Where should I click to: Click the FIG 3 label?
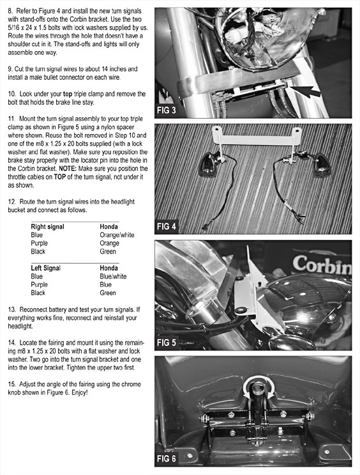point(166,110)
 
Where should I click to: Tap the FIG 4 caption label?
point(166,226)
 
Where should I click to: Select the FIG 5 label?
point(166,343)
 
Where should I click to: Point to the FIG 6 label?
point(166,458)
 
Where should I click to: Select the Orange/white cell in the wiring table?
point(117,235)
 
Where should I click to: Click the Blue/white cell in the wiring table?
point(113,276)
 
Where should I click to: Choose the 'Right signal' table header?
point(47,227)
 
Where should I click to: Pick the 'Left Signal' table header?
point(46,268)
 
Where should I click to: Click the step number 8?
point(10,11)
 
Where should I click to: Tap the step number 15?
point(11,384)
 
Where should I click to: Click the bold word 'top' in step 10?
point(68,94)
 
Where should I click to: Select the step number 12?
point(11,202)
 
